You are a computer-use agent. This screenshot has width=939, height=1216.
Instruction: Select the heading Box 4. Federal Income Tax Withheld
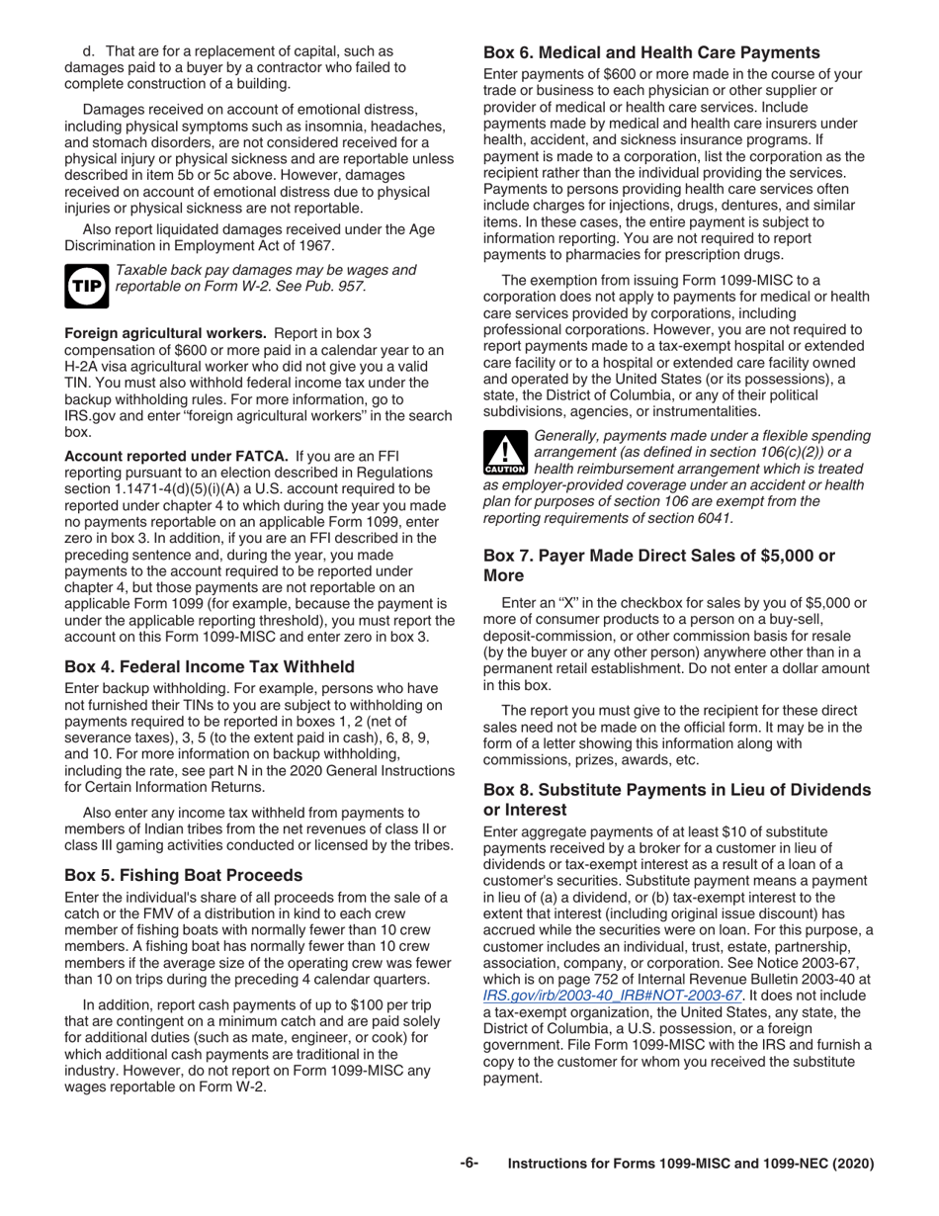(209, 667)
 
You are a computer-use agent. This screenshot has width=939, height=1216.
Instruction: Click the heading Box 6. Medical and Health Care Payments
(651, 52)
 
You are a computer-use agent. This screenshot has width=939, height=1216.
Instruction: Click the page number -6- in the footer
(469, 1164)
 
